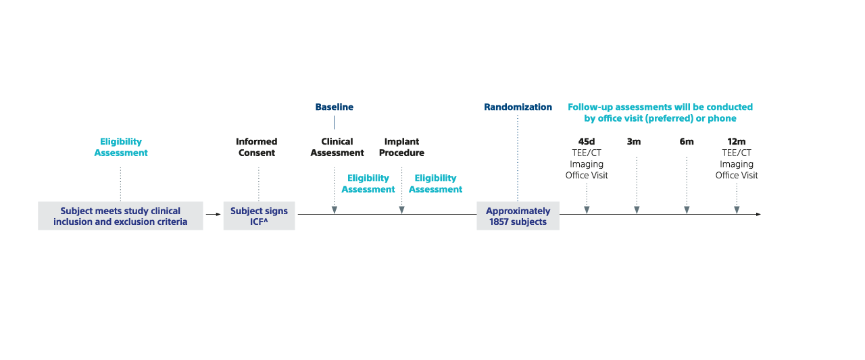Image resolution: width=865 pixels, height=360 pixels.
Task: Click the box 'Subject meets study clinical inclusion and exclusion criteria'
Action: click(120, 216)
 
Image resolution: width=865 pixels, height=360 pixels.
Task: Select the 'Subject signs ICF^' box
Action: click(259, 216)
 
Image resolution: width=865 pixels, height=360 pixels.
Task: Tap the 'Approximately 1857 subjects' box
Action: click(518, 216)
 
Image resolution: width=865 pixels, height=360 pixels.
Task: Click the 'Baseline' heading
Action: click(334, 107)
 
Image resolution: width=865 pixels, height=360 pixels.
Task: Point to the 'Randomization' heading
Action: click(518, 107)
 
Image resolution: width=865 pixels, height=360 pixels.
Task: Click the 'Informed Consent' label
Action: click(256, 147)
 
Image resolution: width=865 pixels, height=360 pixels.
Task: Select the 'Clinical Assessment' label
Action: click(337, 147)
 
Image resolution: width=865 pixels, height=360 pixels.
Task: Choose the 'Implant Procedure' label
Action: click(401, 147)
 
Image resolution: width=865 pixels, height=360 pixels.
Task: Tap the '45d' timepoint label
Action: click(586, 142)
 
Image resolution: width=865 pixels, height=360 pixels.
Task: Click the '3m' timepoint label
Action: click(634, 142)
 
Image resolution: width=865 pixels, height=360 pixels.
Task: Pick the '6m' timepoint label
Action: click(687, 142)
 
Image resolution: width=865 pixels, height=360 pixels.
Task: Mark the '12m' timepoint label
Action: click(737, 142)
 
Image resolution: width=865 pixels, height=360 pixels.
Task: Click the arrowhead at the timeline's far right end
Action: click(758, 214)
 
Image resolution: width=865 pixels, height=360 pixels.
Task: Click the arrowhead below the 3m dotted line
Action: click(637, 210)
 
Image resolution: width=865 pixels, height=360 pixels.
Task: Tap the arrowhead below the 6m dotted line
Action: click(687, 210)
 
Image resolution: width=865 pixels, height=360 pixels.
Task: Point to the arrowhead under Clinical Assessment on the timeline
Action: click(335, 210)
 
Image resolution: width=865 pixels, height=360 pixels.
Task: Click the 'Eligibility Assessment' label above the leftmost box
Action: click(121, 147)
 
